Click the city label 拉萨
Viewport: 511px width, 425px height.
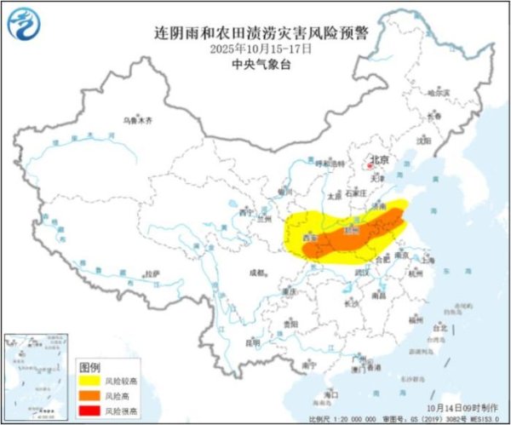pyautogui.click(x=152, y=274)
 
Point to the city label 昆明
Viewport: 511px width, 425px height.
pyautogui.click(x=252, y=343)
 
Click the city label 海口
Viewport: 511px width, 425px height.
pyautogui.click(x=331, y=394)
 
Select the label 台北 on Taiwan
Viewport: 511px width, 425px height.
pyautogui.click(x=439, y=327)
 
